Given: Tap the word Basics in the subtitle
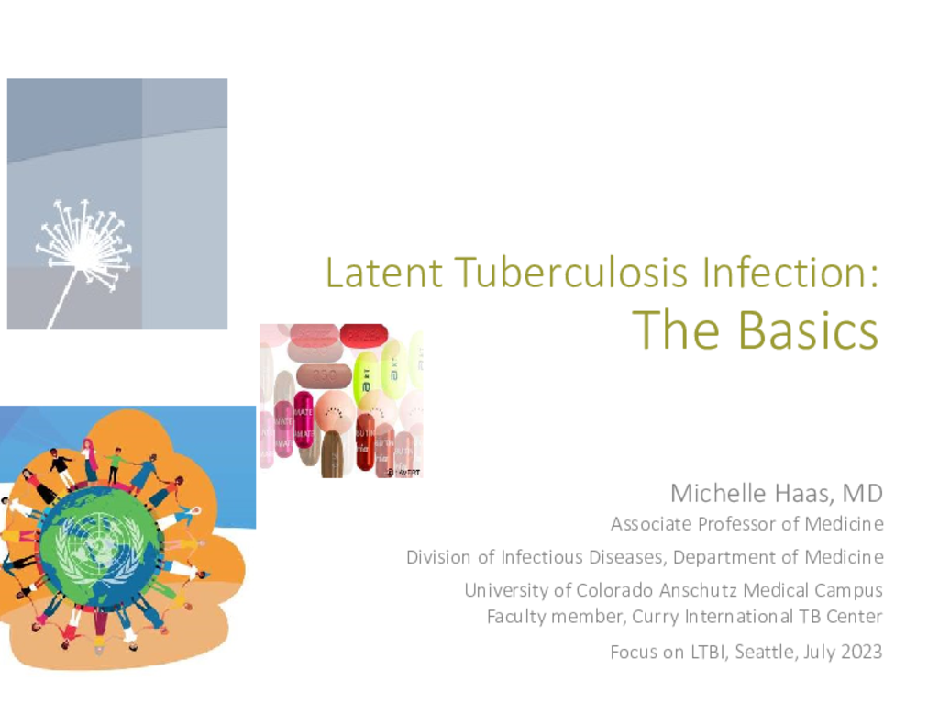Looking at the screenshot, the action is [807, 330].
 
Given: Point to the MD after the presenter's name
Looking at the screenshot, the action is [862, 494].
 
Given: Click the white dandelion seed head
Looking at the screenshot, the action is [83, 246].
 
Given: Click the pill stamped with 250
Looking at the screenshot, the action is [324, 375].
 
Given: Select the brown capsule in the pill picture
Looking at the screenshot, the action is [333, 453].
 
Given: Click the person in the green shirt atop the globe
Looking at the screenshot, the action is [116, 465].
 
